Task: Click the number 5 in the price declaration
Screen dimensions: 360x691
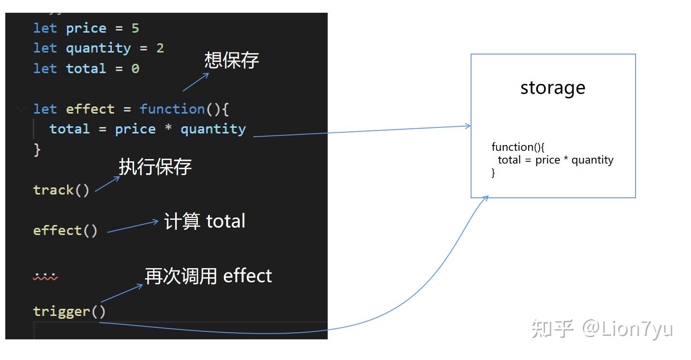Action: pyautogui.click(x=135, y=29)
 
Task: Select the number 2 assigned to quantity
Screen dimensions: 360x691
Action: pyautogui.click(x=160, y=48)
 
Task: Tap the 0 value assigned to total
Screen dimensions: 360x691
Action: pyautogui.click(x=135, y=69)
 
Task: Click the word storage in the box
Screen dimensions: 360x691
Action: pyautogui.click(x=552, y=88)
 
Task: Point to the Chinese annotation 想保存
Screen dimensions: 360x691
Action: pyautogui.click(x=231, y=60)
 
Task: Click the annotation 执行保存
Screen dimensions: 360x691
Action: pyautogui.click(x=155, y=167)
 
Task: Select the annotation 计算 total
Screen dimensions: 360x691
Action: pyautogui.click(x=205, y=221)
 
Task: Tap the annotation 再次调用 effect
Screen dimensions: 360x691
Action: pyautogui.click(x=208, y=276)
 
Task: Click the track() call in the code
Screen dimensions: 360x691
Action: pyautogui.click(x=61, y=190)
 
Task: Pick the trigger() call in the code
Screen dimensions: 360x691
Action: pyautogui.click(x=69, y=311)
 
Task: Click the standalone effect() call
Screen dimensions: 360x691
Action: pyautogui.click(x=65, y=230)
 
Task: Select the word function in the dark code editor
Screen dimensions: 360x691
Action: pyautogui.click(x=172, y=109)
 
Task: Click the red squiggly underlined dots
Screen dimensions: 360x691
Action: pyautogui.click(x=45, y=276)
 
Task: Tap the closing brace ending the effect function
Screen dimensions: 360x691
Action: pyautogui.click(x=37, y=149)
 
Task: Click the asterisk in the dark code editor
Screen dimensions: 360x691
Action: pyautogui.click(x=168, y=129)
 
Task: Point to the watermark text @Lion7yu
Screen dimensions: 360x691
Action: pyautogui.click(x=628, y=329)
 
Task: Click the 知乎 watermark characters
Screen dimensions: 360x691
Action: pyautogui.click(x=552, y=329)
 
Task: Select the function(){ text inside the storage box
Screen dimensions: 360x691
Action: pyautogui.click(x=518, y=147)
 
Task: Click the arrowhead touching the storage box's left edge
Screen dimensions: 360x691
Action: pyautogui.click(x=468, y=126)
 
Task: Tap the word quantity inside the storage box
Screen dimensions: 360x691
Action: pyautogui.click(x=592, y=160)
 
